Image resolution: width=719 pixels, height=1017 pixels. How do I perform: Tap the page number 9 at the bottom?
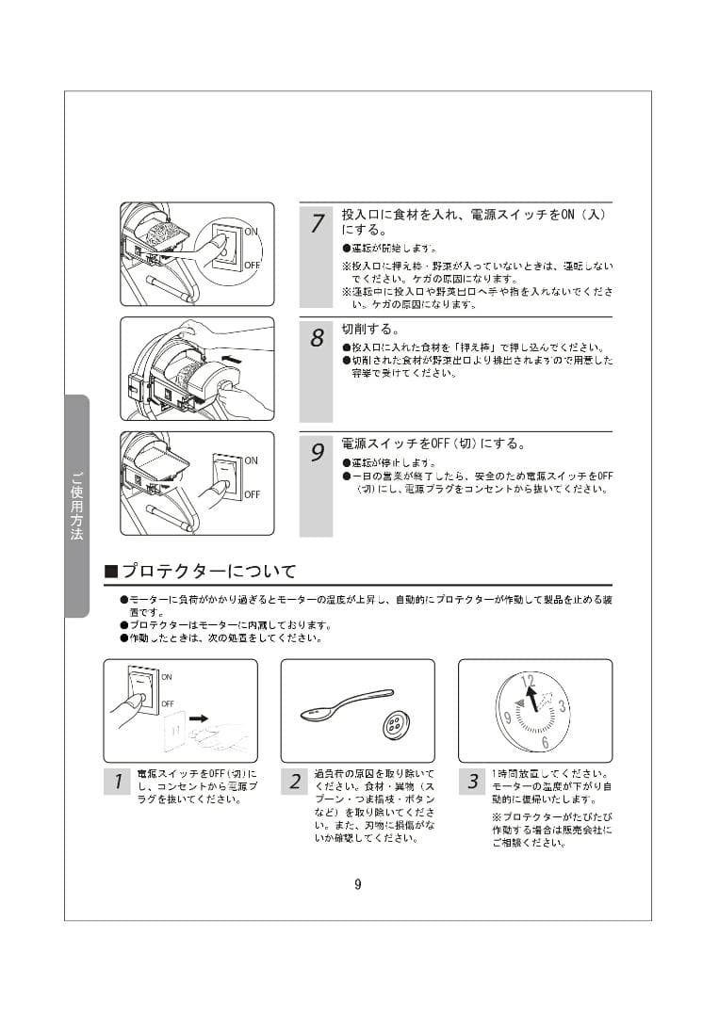(358, 883)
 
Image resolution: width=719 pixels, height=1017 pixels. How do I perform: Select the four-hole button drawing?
(394, 726)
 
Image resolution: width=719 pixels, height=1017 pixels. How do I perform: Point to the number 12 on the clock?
(528, 680)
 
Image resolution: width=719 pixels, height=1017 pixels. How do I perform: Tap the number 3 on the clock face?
(562, 706)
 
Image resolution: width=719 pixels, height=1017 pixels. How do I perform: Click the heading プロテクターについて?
(209, 572)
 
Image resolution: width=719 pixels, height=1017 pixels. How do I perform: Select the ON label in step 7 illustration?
(252, 231)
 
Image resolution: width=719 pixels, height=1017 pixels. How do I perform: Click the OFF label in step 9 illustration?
(252, 494)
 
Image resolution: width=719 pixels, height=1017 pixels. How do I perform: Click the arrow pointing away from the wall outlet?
(199, 718)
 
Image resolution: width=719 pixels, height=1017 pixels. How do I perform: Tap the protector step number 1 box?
(117, 782)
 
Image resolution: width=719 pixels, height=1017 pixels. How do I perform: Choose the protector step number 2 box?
(295, 782)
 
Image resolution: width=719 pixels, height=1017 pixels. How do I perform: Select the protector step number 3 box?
(472, 782)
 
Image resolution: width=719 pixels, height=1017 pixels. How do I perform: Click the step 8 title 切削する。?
(370, 331)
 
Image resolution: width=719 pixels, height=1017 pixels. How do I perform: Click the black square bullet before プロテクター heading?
(110, 573)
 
